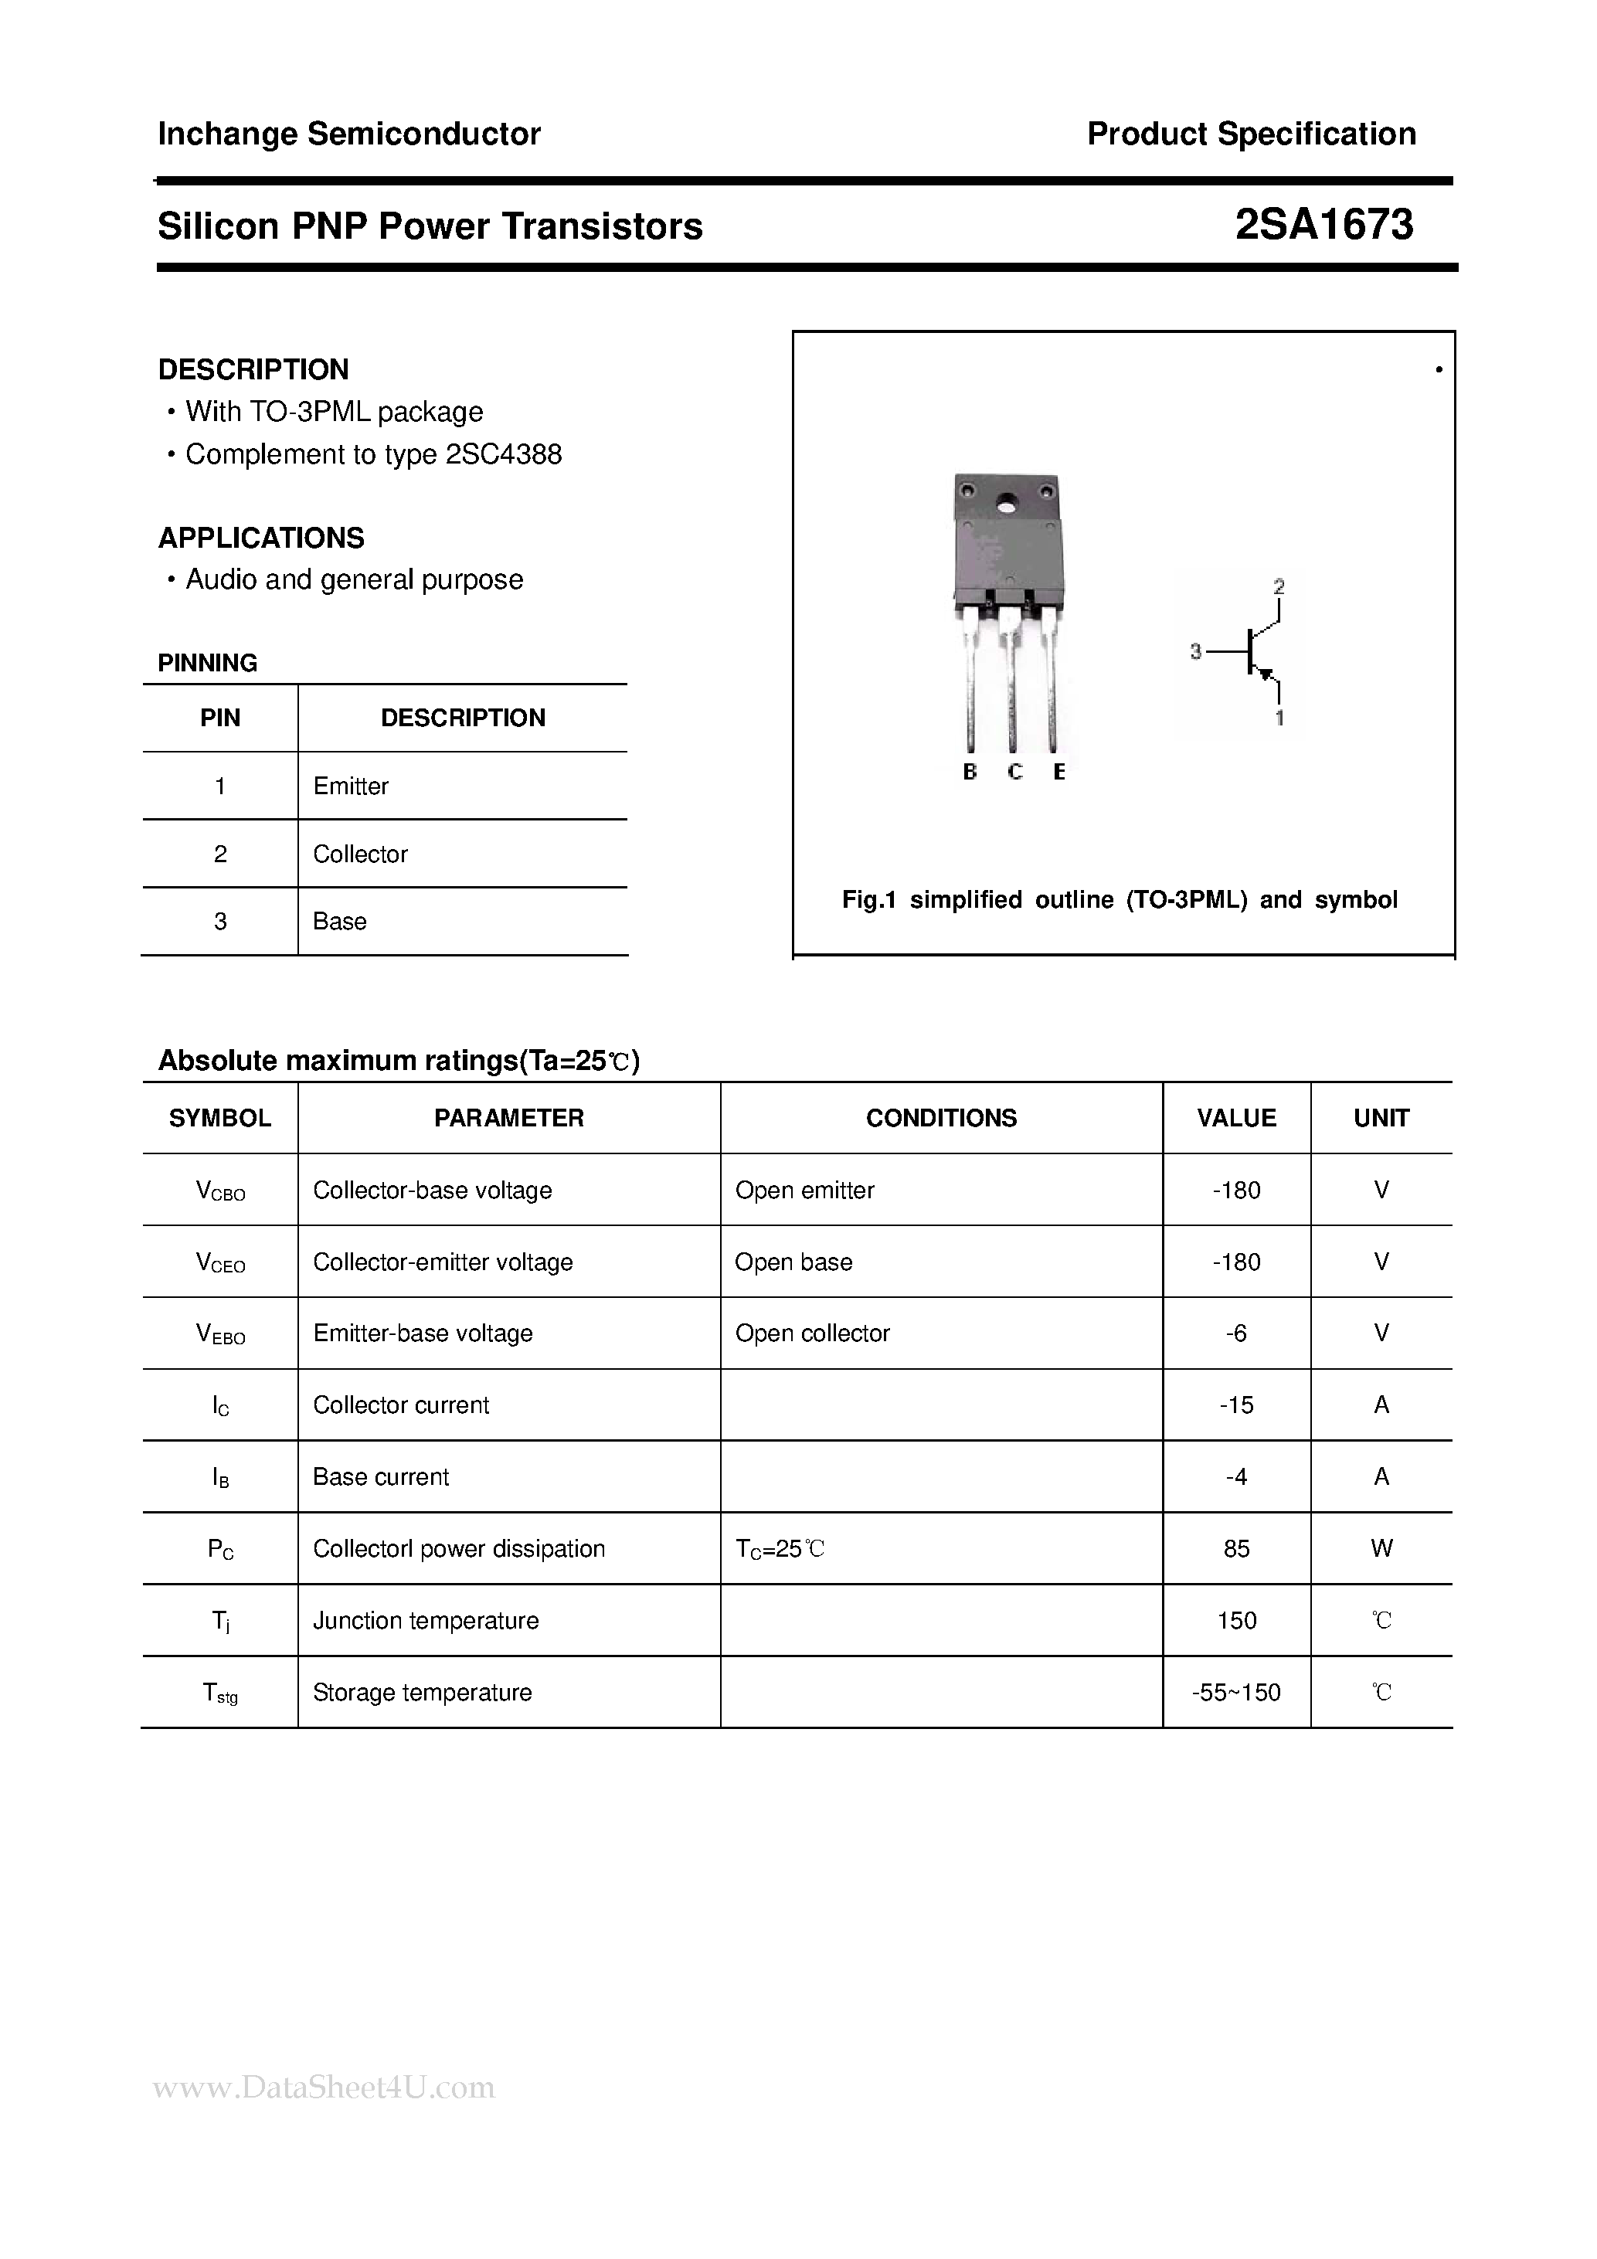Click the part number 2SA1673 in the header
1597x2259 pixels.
(x=1323, y=226)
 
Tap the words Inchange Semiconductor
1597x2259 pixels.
(x=349, y=134)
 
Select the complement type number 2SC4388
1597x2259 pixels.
(x=504, y=454)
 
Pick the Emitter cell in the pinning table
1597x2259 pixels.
(x=350, y=786)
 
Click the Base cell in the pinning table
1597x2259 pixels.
(x=339, y=922)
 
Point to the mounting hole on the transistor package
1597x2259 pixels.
(x=1006, y=508)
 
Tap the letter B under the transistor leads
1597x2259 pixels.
(x=969, y=773)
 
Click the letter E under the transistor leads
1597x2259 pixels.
(x=1058, y=773)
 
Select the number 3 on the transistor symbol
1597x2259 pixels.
(x=1195, y=651)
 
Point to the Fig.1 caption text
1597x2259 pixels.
(x=1119, y=900)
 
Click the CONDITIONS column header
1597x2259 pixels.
(x=941, y=1119)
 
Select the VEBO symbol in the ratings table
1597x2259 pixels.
(x=220, y=1334)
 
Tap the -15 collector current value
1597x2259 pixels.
(x=1236, y=1406)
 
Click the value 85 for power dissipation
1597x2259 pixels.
(x=1236, y=1550)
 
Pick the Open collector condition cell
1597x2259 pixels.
(x=812, y=1334)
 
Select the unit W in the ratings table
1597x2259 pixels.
(x=1381, y=1550)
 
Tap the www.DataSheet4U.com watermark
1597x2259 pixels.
(x=324, y=2087)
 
